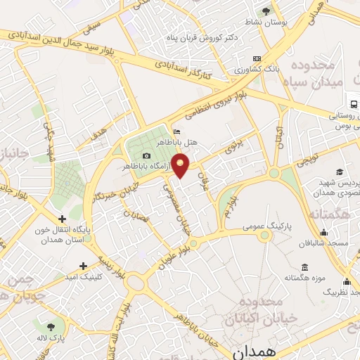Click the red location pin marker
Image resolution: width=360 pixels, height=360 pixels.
(181, 165)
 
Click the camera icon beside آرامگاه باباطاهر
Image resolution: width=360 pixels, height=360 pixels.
(146, 155)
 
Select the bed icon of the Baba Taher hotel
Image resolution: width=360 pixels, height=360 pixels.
(176, 131)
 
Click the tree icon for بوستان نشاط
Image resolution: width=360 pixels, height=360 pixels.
(266, 11)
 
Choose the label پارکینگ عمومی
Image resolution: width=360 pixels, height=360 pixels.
(243, 226)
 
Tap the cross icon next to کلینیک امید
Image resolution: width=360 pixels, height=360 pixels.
(84, 265)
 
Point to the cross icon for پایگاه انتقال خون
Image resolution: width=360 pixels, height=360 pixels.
(63, 219)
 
